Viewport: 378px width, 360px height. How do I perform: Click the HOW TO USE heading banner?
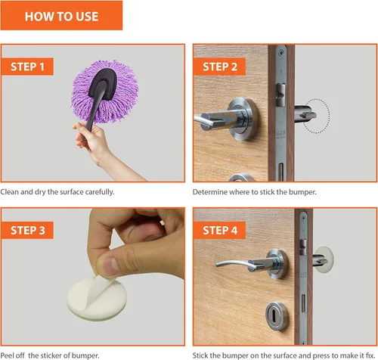[61, 16]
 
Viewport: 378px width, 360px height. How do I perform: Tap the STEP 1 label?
[27, 67]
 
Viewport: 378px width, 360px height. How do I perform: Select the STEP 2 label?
[219, 67]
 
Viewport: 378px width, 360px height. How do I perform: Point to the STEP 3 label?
[27, 230]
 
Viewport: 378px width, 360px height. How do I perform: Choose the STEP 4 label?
[219, 230]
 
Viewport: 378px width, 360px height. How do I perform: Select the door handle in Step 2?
[225, 119]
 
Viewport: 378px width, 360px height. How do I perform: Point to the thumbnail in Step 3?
[109, 266]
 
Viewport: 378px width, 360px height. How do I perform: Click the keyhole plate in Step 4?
[277, 316]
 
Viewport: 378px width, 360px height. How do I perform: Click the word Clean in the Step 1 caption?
[10, 192]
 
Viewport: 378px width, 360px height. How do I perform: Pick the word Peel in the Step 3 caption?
[7, 355]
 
